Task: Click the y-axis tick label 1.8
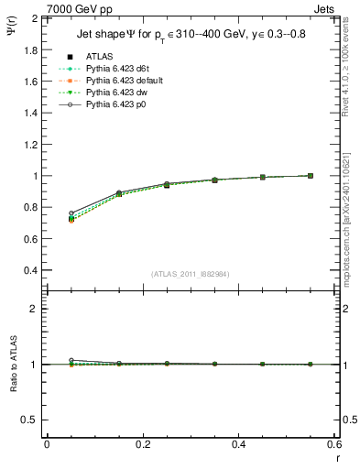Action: click(31, 49)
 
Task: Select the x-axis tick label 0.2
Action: click(142, 443)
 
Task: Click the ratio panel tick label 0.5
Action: click(31, 420)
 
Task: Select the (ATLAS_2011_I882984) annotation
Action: click(191, 274)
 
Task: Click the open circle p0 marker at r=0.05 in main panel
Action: click(71, 213)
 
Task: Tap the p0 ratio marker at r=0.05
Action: click(71, 361)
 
